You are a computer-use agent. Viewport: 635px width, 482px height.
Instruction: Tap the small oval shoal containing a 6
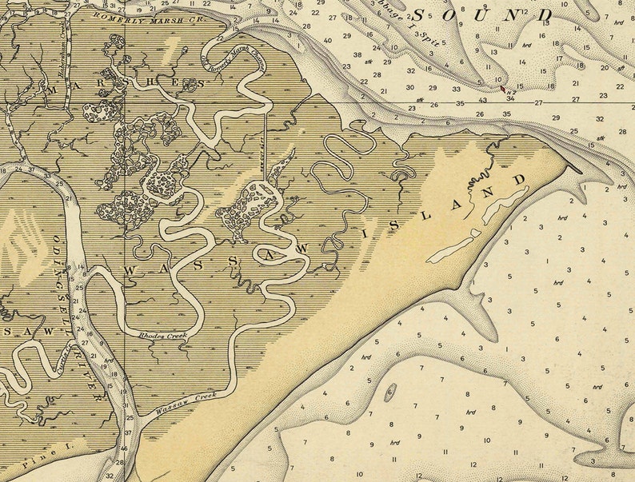(x=391, y=392)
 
